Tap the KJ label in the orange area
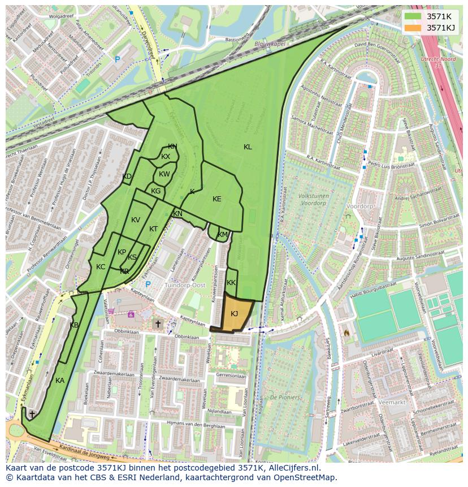point(234,314)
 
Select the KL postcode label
point(248,147)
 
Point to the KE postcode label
point(217,199)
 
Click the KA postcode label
point(60,381)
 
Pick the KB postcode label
point(74,325)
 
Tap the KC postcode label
point(101,267)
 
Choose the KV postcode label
point(136,220)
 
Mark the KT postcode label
point(154,229)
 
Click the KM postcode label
point(223,235)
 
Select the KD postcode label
point(127,176)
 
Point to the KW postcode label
point(164,174)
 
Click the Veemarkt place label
point(393,402)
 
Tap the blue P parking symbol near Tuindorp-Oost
point(148,285)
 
